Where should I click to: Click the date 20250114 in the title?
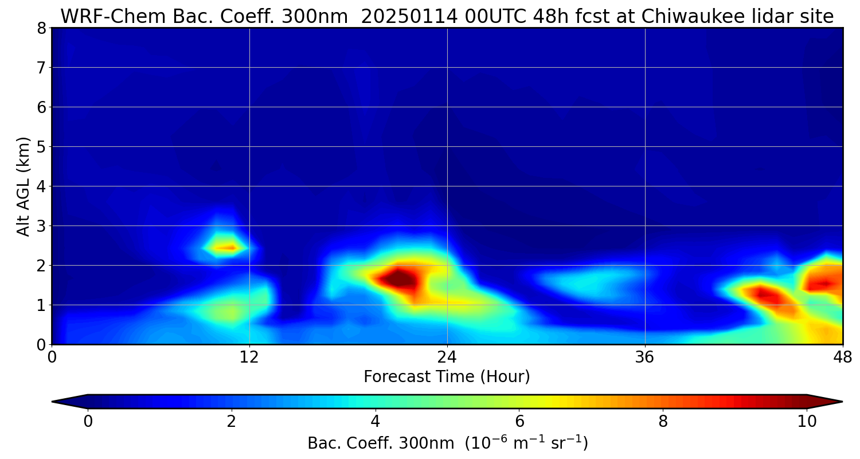point(408,17)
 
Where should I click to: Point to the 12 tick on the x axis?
point(249,357)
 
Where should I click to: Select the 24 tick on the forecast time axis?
point(447,357)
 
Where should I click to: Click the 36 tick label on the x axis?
point(645,357)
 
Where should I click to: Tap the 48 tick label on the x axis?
point(842,357)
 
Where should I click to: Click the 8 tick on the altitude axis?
point(41,28)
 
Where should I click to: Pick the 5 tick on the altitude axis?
point(41,147)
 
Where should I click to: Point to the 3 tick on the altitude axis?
point(41,226)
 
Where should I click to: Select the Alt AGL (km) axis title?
point(24,186)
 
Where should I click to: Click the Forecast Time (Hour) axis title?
point(447,377)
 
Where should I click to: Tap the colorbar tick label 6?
point(519,422)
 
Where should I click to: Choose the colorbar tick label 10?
point(807,422)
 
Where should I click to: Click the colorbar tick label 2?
point(232,422)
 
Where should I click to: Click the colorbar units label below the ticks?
point(447,443)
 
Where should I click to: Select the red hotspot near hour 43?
point(764,295)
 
